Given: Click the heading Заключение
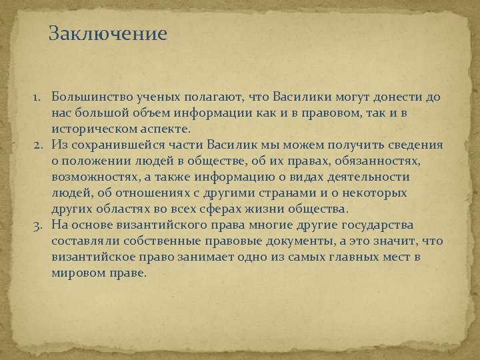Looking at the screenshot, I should point(107,34).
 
